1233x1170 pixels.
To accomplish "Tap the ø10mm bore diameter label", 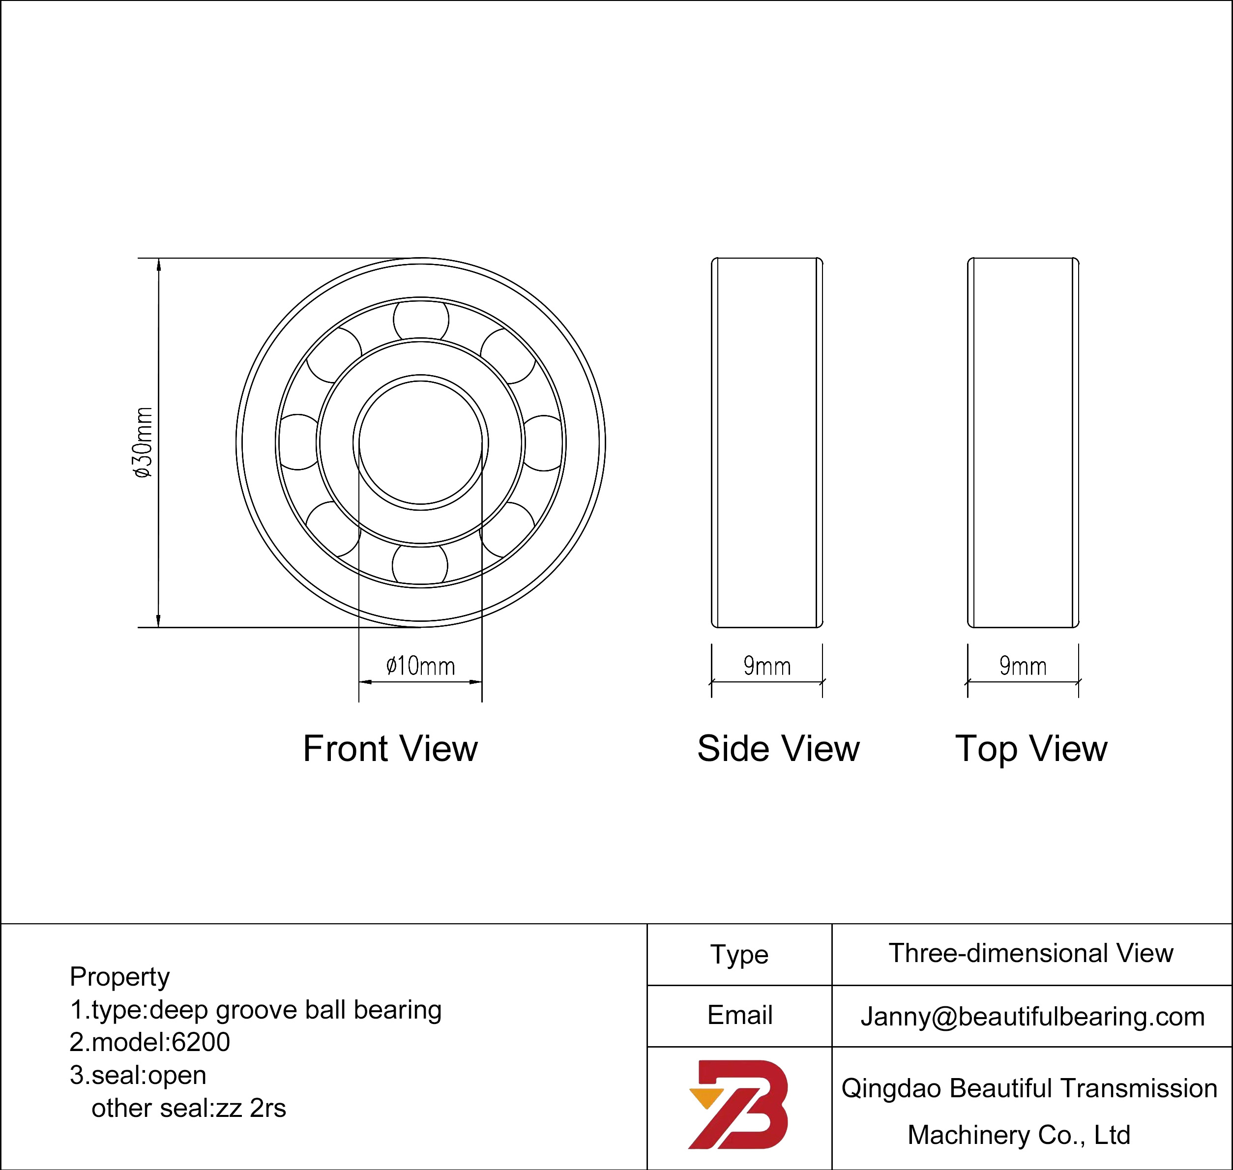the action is pyautogui.click(x=420, y=666).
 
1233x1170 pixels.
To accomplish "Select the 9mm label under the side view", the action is pyautogui.click(x=767, y=666).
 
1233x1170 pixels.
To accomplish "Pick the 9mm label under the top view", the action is pyautogui.click(x=1023, y=666).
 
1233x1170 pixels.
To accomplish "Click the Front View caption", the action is pyautogui.click(x=390, y=748).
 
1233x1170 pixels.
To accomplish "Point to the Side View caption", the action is pyautogui.click(x=778, y=748).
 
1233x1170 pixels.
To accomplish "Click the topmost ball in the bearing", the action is pyautogui.click(x=421, y=320).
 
